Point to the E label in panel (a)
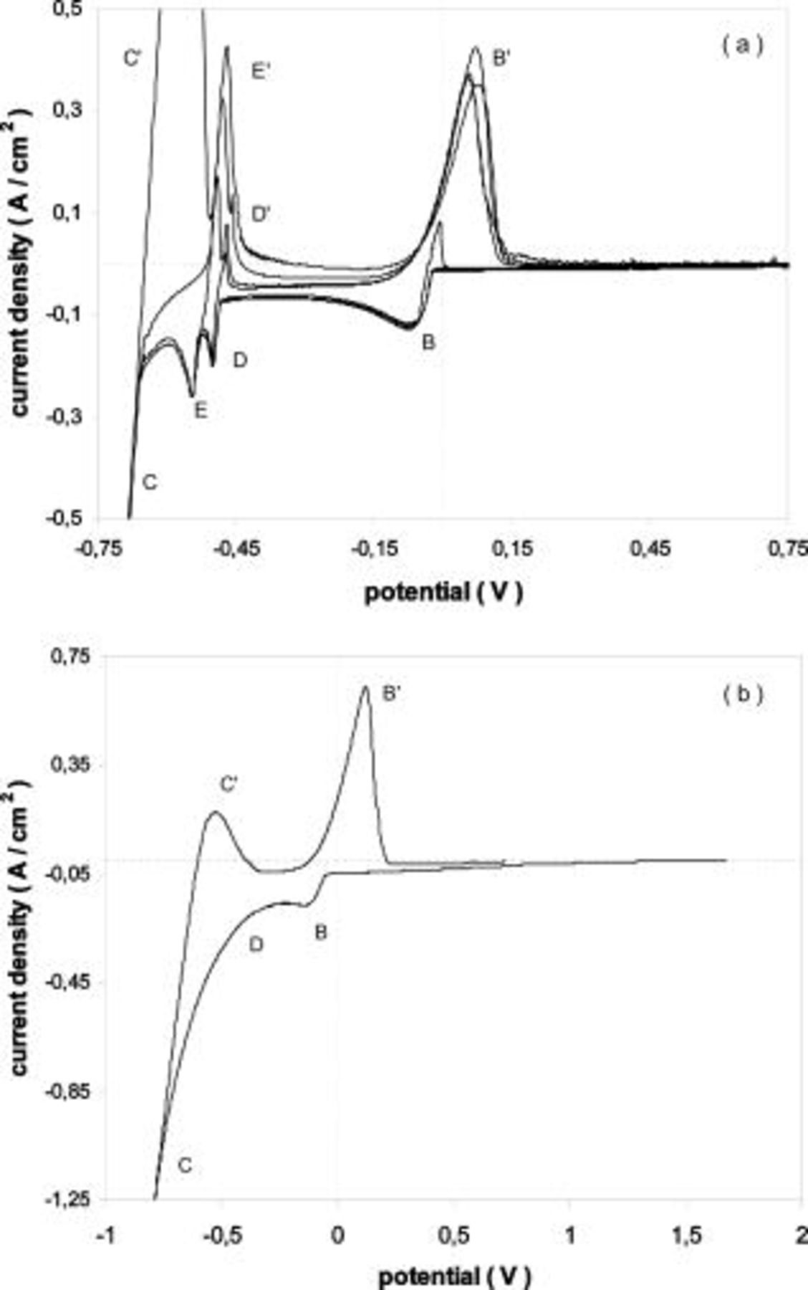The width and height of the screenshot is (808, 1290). point(201,410)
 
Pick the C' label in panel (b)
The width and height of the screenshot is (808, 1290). point(229,784)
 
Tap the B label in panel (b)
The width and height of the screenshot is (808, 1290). point(321,932)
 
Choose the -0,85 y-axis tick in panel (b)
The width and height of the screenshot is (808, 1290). point(66,1093)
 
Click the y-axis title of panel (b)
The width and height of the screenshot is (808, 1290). point(21,932)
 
